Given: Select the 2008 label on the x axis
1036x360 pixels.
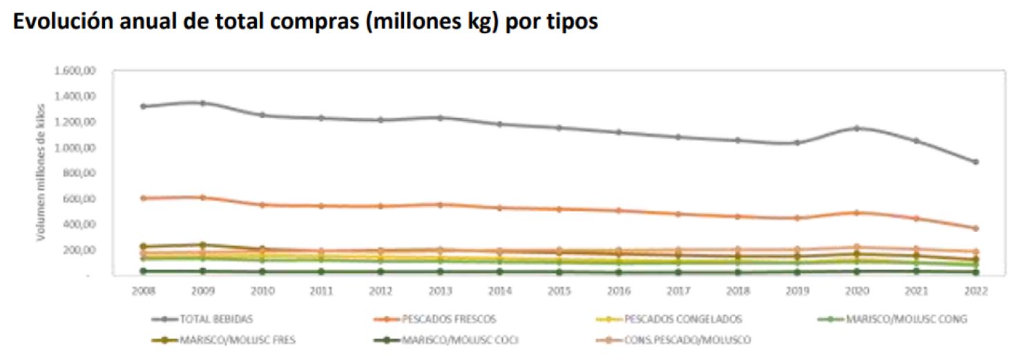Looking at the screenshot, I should tap(143, 292).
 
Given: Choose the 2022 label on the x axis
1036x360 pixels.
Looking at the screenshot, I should tap(975, 292).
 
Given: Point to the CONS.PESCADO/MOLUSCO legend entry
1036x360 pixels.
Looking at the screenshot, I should tap(688, 340).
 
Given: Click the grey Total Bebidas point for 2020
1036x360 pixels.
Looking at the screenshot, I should tap(856, 128).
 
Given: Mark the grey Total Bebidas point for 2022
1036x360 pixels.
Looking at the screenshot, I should tap(975, 162).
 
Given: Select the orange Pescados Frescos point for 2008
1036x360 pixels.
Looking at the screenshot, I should tap(143, 198).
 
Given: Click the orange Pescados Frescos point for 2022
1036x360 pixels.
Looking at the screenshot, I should tap(975, 228).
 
